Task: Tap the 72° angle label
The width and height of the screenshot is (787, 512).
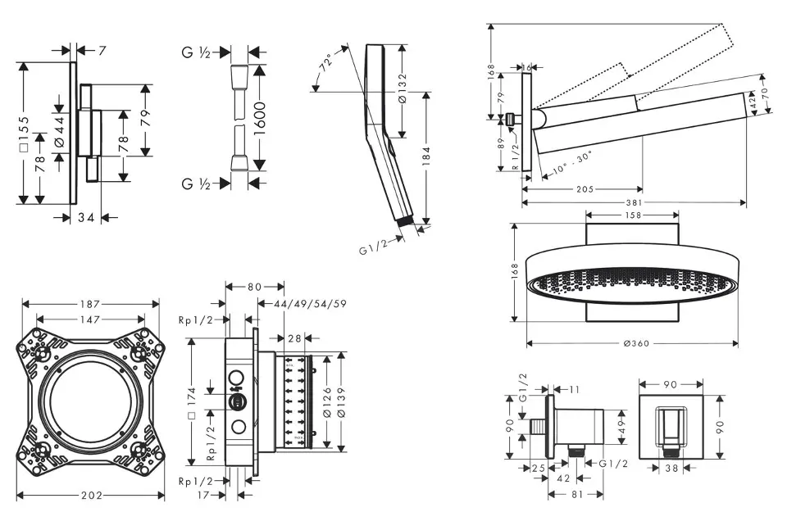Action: click(x=326, y=63)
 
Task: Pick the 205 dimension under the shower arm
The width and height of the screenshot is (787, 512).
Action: click(x=583, y=189)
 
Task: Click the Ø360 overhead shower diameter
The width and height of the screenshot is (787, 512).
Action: click(x=633, y=343)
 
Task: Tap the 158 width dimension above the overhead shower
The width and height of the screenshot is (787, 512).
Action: click(x=632, y=216)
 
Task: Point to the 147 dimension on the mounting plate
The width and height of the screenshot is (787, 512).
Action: click(x=89, y=319)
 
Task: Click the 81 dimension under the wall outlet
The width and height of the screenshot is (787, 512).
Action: click(x=576, y=494)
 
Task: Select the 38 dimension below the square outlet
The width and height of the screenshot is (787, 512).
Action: click(x=671, y=469)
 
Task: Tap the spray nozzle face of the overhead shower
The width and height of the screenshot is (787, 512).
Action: click(x=633, y=283)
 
